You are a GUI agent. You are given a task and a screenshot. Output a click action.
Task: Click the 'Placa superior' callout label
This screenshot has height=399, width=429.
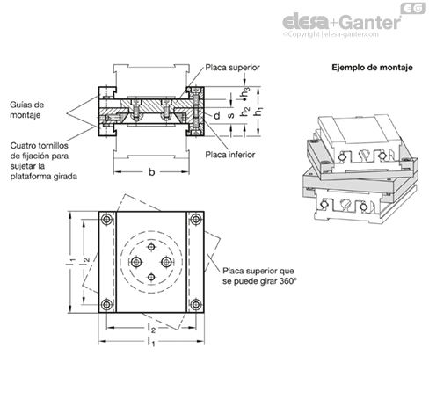pos(232,68)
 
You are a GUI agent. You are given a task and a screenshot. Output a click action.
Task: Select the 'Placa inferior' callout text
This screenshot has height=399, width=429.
pos(230,155)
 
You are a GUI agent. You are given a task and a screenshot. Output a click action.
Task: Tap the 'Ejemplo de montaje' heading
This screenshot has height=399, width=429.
pos(372,68)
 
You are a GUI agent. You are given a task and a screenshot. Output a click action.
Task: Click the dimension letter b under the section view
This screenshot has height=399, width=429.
pos(151,172)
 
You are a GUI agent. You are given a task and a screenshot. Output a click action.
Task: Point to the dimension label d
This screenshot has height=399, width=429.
pos(217,116)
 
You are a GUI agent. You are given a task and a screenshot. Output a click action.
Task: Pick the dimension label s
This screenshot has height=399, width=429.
pos(231,115)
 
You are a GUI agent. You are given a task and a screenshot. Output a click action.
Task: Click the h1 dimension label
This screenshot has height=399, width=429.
pos(258,112)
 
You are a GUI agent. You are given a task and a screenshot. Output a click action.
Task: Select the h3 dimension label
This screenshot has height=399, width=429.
pos(245,92)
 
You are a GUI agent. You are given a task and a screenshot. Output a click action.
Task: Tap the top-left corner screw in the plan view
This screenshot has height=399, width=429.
pos(106,220)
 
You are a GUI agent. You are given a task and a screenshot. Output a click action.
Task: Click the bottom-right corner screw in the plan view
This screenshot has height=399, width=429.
pos(196,305)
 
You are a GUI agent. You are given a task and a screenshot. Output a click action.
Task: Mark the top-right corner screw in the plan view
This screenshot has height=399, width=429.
pos(196,220)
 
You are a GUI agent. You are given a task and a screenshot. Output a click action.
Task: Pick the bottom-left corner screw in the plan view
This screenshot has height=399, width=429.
pos(106,305)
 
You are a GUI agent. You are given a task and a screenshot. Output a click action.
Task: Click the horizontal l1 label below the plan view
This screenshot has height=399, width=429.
pos(151,342)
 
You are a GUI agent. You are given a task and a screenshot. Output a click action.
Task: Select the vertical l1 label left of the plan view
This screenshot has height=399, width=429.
pos(69,262)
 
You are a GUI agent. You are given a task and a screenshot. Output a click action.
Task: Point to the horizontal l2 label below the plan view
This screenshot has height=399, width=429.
pos(151,329)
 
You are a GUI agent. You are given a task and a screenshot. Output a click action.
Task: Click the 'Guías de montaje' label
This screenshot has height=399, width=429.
pos(27,110)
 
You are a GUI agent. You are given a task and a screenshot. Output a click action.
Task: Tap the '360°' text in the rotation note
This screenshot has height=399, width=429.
pos(288,281)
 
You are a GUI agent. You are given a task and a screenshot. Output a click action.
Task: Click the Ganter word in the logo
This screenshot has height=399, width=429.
pos(371,22)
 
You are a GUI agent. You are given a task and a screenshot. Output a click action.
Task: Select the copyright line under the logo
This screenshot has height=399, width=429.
pos(331,34)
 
